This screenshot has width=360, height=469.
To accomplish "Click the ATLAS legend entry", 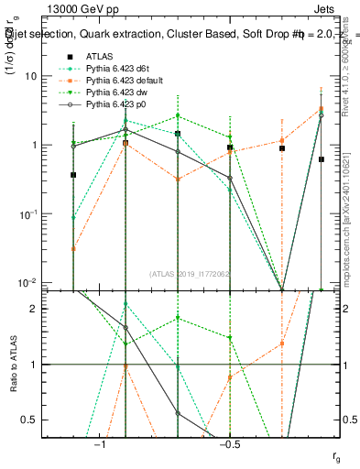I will tap(101, 57).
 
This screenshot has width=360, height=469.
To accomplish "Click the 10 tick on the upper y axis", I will tap(44, 76).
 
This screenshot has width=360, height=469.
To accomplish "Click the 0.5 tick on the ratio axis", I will tap(43, 420).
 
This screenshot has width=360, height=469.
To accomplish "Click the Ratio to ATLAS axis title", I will tap(13, 365).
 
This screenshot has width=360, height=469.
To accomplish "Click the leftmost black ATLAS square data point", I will tap(73, 174).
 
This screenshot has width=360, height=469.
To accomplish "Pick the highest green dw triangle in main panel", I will tap(178, 116).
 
